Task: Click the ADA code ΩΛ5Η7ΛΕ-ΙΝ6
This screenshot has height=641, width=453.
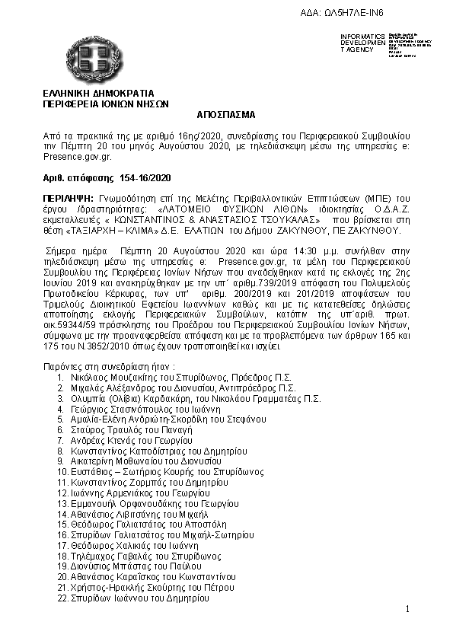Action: point(353,14)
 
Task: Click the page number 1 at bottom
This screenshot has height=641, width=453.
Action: point(408,608)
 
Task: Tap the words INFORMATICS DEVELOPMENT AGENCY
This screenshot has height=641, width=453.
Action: point(363,43)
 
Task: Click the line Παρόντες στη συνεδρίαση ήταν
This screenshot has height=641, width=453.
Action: point(109,366)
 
